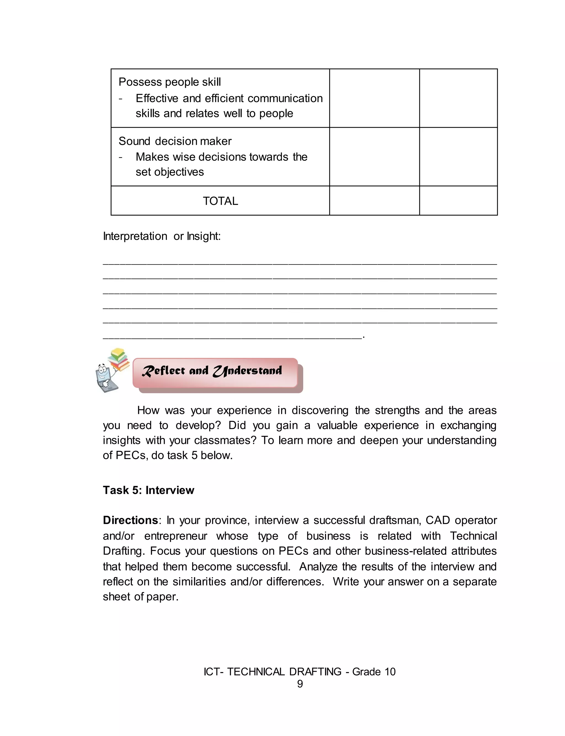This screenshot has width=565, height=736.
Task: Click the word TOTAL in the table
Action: coord(220,201)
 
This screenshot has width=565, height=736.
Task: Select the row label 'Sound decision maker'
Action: coord(175,141)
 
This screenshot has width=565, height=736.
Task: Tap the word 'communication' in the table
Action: coord(285,98)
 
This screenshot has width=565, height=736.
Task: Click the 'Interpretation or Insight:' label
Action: coord(162,236)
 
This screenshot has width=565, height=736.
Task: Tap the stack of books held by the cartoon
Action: coord(119,359)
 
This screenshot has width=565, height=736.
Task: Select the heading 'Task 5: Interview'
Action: coord(148,490)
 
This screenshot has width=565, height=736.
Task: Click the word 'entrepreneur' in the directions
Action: coord(175,536)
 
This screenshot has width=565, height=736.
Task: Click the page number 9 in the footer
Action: coord(300,684)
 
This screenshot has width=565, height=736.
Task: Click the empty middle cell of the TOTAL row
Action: coord(374,201)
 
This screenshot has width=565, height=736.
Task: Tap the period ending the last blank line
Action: coord(364,337)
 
